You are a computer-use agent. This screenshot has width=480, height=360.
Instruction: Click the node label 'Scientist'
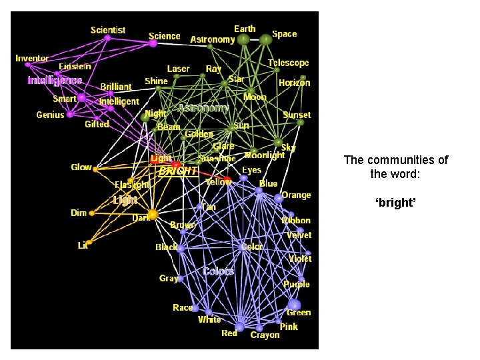tap(108, 30)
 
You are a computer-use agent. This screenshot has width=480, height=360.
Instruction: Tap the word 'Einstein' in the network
tap(75, 67)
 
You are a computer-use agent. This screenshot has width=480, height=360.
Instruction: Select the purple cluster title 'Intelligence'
tap(55, 80)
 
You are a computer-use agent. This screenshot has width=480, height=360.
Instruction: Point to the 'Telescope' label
tap(289, 63)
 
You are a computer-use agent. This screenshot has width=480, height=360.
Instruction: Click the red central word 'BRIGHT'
tap(178, 171)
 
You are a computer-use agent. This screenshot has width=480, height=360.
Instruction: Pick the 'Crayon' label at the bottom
tap(265, 335)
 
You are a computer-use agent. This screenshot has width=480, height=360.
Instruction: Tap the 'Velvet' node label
tap(299, 235)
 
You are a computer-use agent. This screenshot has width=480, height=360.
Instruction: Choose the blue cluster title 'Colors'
tap(218, 271)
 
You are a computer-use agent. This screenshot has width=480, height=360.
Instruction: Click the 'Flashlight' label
tap(132, 185)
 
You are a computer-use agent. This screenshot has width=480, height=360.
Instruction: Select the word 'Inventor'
tap(32, 58)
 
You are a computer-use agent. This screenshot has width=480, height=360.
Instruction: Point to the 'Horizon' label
tap(295, 83)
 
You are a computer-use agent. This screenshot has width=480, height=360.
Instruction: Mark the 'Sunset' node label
tap(297, 115)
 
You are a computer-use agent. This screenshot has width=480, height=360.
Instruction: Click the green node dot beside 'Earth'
tap(245, 39)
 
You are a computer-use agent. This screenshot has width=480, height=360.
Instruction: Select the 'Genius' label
tap(50, 115)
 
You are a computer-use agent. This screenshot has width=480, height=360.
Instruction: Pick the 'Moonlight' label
tap(265, 155)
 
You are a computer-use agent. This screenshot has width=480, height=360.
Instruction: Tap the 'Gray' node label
tap(168, 278)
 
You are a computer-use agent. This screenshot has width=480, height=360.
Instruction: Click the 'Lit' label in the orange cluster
tap(83, 245)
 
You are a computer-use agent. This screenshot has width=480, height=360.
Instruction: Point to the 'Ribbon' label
tap(296, 220)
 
